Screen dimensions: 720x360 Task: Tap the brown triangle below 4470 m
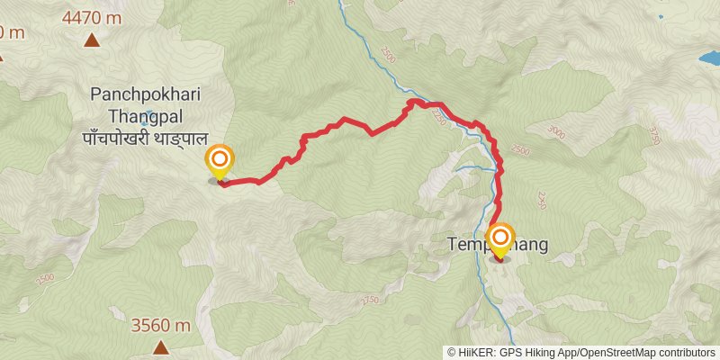click(92, 40)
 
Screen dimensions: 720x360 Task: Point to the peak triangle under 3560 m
click(160, 347)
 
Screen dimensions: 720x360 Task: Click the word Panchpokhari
click(145, 94)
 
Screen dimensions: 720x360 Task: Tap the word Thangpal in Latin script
click(145, 116)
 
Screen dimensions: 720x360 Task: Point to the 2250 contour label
click(439, 116)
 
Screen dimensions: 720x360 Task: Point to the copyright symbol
click(452, 353)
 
